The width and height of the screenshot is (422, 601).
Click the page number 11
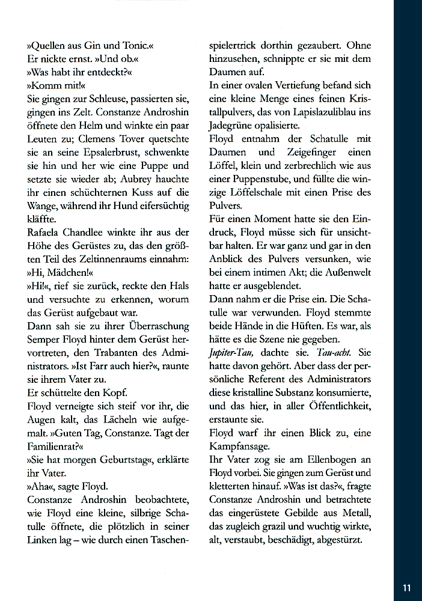coord(406,587)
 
